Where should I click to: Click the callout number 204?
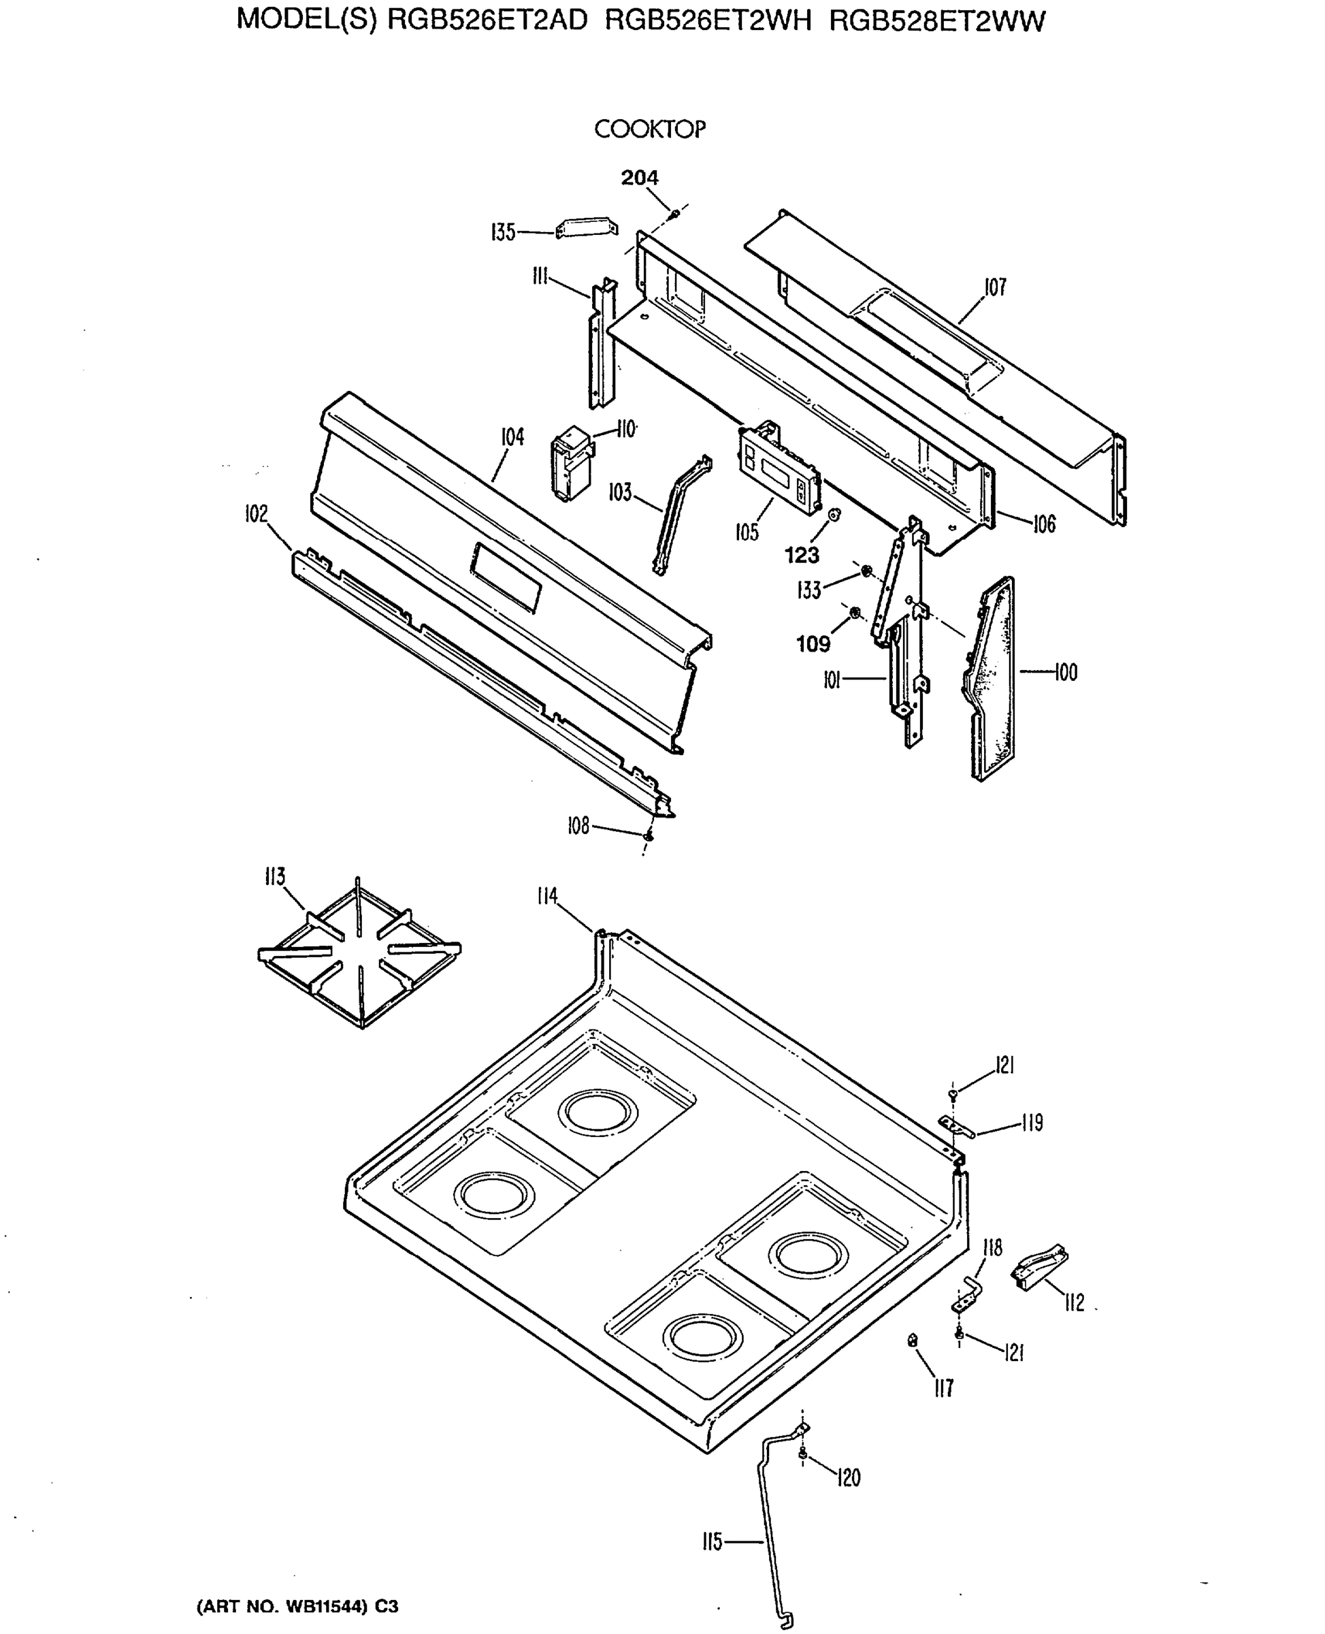point(639,177)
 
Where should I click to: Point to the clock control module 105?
point(779,465)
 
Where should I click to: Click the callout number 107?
point(994,287)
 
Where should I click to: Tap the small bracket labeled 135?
point(586,227)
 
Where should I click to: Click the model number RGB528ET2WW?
point(936,20)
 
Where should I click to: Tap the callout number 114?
point(546,896)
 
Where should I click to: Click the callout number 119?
point(1031,1123)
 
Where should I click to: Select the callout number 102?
point(257,514)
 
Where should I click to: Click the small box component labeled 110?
point(571,466)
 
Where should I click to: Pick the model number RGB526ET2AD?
point(488,20)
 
